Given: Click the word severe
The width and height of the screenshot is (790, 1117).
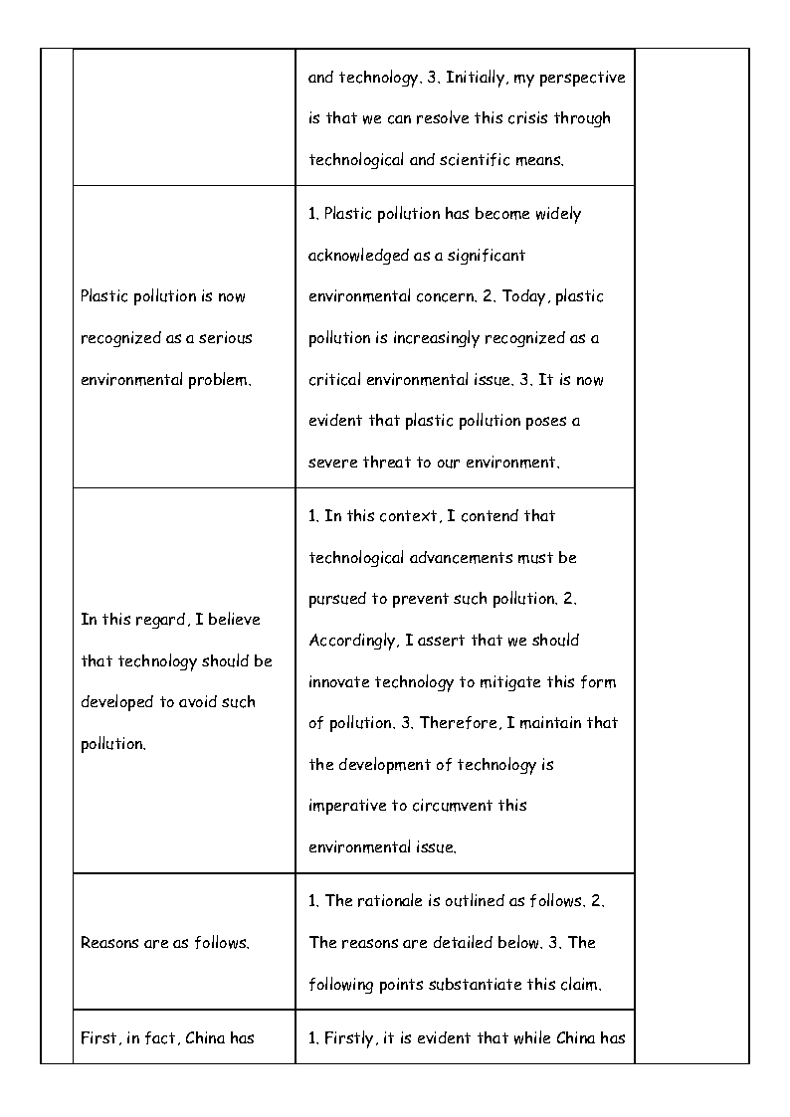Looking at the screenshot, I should pyautogui.click(x=332, y=463).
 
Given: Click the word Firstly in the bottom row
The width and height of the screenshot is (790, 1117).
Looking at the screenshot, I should pyautogui.click(x=348, y=1038).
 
